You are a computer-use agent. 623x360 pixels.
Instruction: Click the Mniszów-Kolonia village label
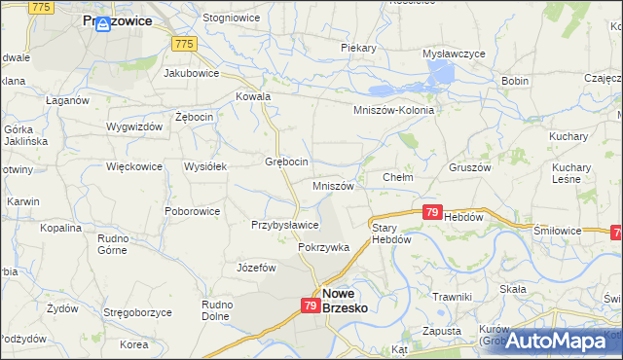(x=393, y=111)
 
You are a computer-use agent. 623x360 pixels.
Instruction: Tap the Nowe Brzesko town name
(x=350, y=299)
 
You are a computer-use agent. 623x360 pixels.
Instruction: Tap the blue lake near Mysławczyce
(x=440, y=73)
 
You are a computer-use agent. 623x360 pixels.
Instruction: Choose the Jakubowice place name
(x=191, y=72)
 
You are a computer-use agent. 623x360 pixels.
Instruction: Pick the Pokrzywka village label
(x=323, y=247)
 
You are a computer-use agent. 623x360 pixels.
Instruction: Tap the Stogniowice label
(x=229, y=18)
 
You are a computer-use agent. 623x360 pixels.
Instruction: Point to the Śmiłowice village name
(x=558, y=231)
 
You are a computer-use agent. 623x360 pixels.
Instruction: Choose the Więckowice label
(x=133, y=166)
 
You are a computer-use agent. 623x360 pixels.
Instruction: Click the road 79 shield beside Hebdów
(x=432, y=211)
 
